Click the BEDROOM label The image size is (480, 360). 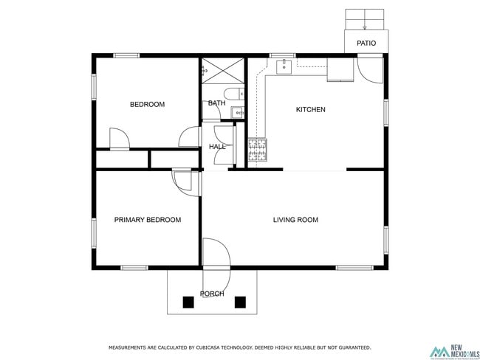tap(147, 105)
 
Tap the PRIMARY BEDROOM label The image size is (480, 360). tap(147, 220)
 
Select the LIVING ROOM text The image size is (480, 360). tap(295, 220)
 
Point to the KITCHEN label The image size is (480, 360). tap(310, 110)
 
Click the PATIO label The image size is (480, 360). tap(366, 44)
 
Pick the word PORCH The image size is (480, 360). tap(213, 294)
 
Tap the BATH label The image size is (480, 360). tap(216, 103)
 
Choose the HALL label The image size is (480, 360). tap(217, 147)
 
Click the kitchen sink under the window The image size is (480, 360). tap(284, 67)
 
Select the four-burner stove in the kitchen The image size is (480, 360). tap(257, 150)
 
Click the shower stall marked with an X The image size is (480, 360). tap(224, 70)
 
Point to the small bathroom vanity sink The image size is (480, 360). tap(237, 112)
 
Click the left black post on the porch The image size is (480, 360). tap(188, 301)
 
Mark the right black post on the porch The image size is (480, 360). tap(240, 301)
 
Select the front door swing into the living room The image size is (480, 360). tap(215, 252)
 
